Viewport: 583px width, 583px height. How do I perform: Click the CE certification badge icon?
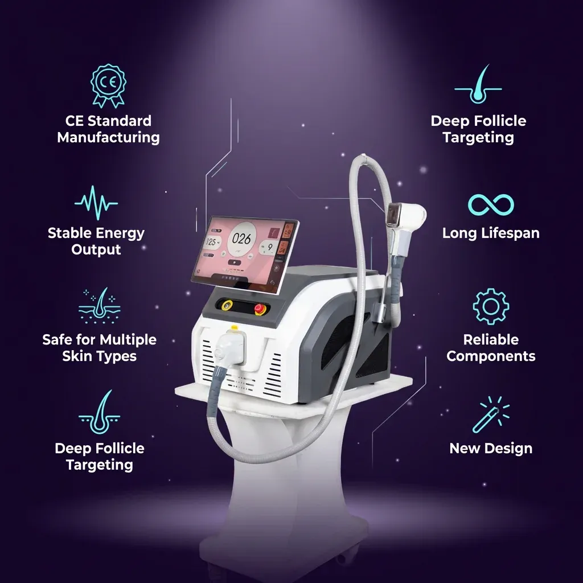pos(108,85)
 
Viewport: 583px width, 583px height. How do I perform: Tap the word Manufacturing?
pos(108,137)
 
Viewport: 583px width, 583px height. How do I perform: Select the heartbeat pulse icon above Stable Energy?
pos(96,203)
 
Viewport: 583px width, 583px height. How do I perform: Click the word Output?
pos(96,249)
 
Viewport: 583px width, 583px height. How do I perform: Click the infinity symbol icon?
pos(491,205)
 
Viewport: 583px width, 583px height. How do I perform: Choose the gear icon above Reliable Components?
pos(491,307)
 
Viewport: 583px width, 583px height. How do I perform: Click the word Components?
pos(491,356)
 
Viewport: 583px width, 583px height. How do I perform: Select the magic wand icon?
pos(490,414)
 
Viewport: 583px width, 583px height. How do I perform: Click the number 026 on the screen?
pos(241,239)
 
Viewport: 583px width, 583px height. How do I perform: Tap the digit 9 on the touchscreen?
pos(269,247)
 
